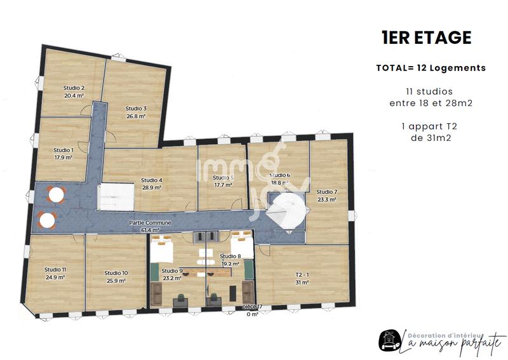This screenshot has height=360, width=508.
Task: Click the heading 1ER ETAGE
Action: click(426, 37)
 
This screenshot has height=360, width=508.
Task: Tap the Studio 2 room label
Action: click(74, 88)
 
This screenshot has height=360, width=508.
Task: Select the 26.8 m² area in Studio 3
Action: click(136, 117)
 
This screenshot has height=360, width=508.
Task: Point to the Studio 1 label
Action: click(63, 150)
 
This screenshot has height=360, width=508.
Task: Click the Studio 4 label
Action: click(151, 180)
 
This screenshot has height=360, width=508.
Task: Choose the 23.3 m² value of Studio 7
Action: click(326, 199)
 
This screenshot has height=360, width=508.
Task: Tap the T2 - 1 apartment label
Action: click(302, 275)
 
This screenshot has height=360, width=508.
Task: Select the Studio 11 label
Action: click(55, 269)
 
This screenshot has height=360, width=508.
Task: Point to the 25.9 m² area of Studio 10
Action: click(116, 281)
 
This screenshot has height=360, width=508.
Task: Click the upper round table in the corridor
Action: click(57, 194)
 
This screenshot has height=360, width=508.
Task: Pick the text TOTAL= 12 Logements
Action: click(431, 68)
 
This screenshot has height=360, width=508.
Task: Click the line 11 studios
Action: click(430, 91)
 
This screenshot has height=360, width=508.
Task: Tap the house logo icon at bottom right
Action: click(389, 341)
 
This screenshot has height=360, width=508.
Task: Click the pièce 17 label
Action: click(253, 307)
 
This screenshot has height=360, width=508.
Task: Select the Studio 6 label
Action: click(280, 175)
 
